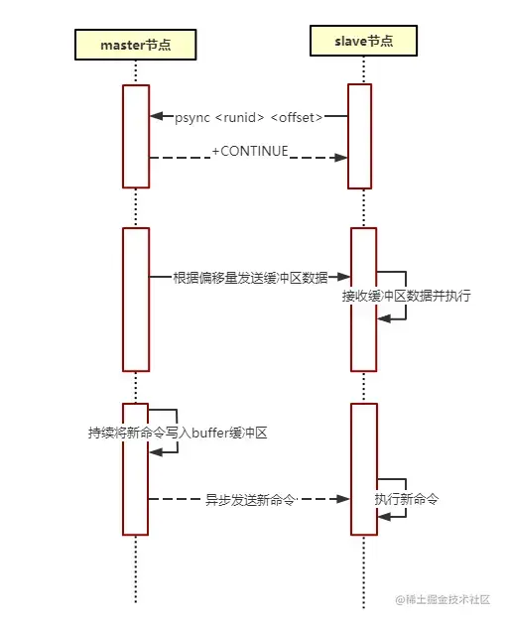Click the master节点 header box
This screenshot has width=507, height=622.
136,45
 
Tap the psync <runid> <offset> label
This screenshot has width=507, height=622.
249,118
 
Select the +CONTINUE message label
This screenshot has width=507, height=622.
249,152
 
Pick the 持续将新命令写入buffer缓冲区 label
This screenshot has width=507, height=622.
179,433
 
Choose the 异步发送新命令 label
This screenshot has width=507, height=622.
250,499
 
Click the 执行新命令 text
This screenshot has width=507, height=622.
407,499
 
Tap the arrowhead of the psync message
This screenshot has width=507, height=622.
156,117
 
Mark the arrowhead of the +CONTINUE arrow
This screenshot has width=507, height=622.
340,157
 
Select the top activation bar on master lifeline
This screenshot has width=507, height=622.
135,136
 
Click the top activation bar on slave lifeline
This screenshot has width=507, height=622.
359,136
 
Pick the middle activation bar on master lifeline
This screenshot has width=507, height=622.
135,299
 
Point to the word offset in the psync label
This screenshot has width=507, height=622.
298,118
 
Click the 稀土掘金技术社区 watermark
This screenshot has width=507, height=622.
446,600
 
